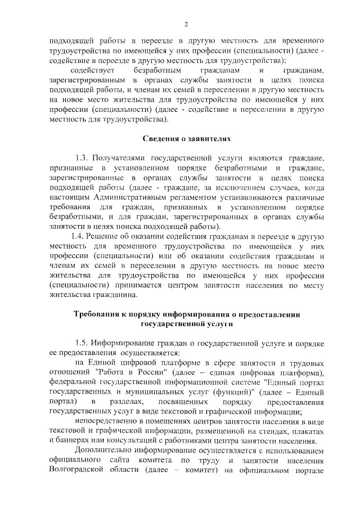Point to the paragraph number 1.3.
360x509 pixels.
point(83,159)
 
